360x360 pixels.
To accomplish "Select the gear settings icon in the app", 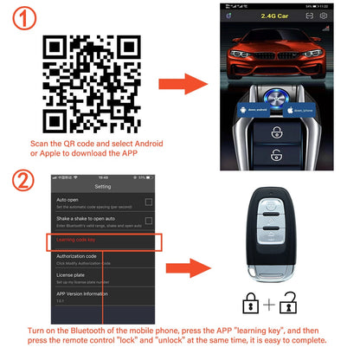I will pyautogui.click(x=324, y=15).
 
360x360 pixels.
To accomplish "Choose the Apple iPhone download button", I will pyautogui.click(x=308, y=113).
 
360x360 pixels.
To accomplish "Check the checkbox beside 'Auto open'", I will pyautogui.click(x=149, y=202).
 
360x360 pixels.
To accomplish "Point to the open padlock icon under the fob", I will pyautogui.click(x=293, y=302).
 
